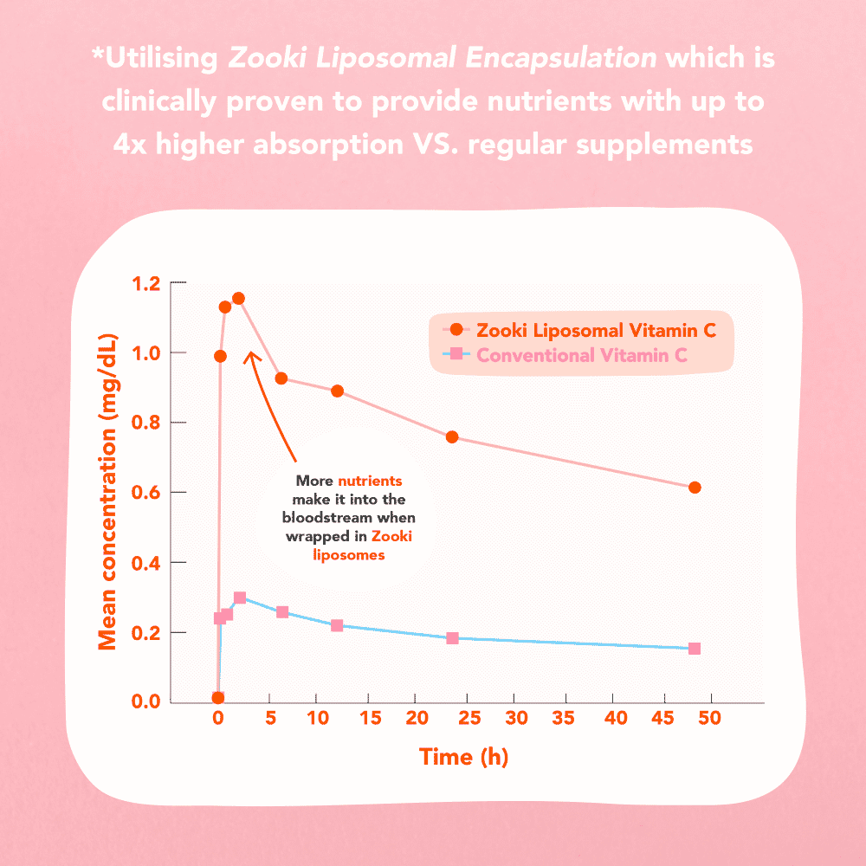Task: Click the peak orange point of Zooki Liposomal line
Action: [x=238, y=299]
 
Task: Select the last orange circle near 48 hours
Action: [x=695, y=488]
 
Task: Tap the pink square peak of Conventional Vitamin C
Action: [x=240, y=598]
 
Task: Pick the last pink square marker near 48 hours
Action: [x=695, y=649]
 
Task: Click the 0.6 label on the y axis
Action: [x=147, y=493]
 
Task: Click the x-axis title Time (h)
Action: [x=463, y=757]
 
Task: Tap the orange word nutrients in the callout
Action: [x=370, y=481]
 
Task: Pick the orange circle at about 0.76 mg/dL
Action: [x=452, y=437]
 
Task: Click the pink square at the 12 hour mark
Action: [x=337, y=625]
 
